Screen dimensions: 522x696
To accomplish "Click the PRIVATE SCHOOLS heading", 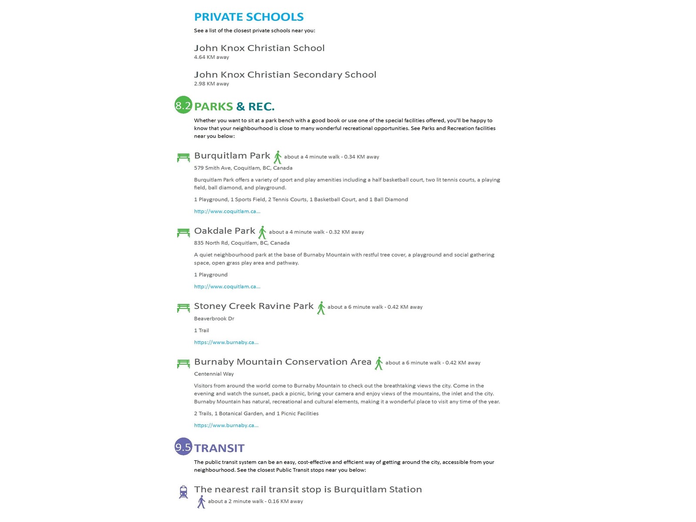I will click(248, 17).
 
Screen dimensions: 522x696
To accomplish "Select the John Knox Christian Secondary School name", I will click(285, 75).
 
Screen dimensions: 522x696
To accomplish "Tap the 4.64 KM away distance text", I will click(211, 57).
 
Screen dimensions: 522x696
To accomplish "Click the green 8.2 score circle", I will click(183, 105).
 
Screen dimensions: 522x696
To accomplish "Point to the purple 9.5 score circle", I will click(183, 447).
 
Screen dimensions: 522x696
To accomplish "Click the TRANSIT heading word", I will click(219, 448).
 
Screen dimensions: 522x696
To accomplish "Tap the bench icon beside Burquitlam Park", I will click(183, 157).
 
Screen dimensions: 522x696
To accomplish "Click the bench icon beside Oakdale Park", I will click(183, 233).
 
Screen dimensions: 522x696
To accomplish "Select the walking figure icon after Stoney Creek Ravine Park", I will click(321, 308).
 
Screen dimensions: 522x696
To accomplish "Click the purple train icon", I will click(183, 492).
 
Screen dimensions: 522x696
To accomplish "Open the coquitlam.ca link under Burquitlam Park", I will click(227, 211).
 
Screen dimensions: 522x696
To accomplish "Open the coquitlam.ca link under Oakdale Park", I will click(227, 287).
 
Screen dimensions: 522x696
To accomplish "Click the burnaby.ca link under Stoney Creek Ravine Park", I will click(226, 342).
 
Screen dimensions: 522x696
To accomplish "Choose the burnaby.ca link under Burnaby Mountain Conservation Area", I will click(226, 425).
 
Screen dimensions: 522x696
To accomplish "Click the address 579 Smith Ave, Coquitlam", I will click(243, 168).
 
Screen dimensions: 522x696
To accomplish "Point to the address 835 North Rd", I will click(241, 243).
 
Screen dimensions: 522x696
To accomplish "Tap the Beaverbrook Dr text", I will click(214, 319).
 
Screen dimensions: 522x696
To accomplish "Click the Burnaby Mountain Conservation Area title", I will click(283, 362).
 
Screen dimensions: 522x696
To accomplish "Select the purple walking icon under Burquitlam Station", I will click(201, 502).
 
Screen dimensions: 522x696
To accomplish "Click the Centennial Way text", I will click(214, 374).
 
